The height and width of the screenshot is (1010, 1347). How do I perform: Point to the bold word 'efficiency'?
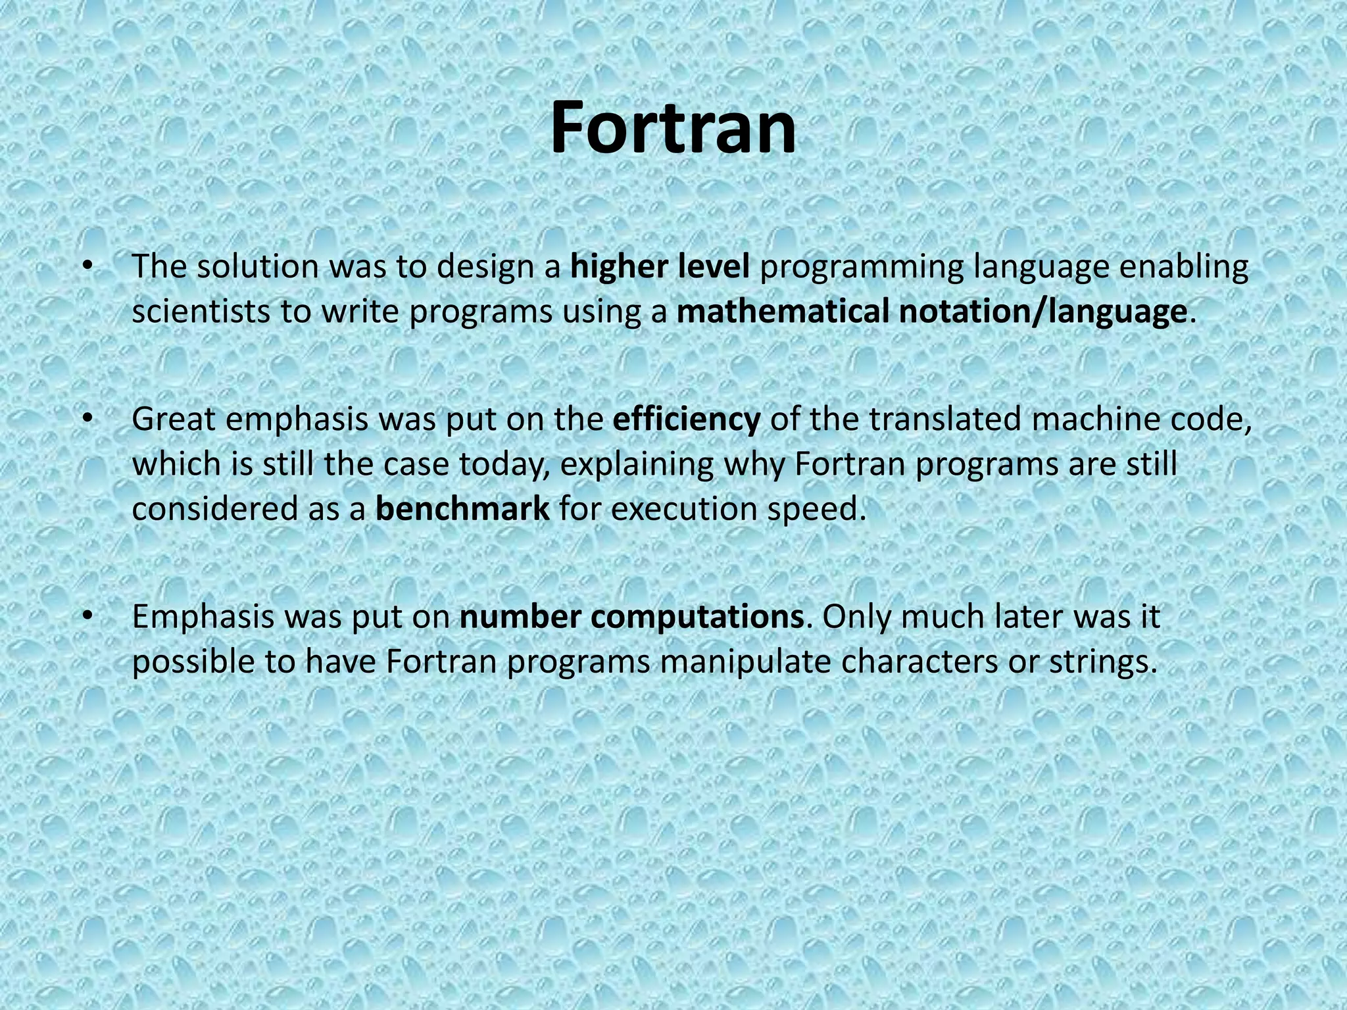[x=686, y=420]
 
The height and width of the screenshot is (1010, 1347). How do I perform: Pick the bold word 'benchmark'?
[x=462, y=509]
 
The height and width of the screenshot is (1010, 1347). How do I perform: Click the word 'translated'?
[x=944, y=420]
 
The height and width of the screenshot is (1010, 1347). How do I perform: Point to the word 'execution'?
[x=685, y=509]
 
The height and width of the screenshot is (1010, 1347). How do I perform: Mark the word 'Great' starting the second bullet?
[x=174, y=420]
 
